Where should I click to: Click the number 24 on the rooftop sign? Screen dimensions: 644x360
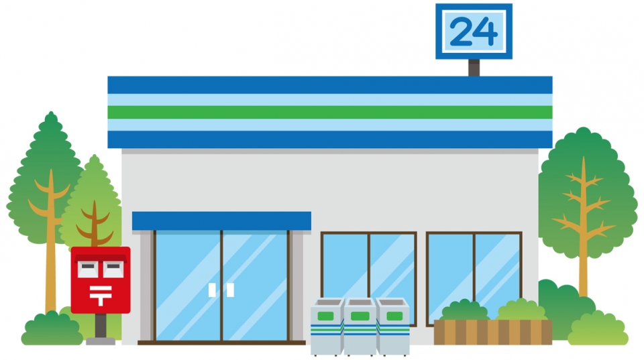point(474,32)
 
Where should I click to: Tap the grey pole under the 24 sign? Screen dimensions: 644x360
point(474,68)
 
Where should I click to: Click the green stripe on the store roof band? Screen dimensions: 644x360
point(330,112)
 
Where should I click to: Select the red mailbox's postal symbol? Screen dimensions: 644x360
point(101,296)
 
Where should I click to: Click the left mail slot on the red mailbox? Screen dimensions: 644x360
point(88,269)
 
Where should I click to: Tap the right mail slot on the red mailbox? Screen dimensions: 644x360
point(113,269)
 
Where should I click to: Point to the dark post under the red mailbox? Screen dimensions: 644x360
point(101,326)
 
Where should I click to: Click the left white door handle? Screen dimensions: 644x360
point(212,290)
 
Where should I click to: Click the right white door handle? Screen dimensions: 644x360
point(230,290)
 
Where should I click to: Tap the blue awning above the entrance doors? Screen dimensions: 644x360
point(221,221)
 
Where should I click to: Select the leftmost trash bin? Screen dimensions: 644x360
point(327,326)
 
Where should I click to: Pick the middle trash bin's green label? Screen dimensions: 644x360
point(360,316)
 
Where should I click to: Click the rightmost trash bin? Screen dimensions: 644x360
point(393,326)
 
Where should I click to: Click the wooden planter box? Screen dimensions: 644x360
point(493,333)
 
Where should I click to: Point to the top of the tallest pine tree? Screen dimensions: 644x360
point(51,112)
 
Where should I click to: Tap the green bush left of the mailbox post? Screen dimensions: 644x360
point(52,328)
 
